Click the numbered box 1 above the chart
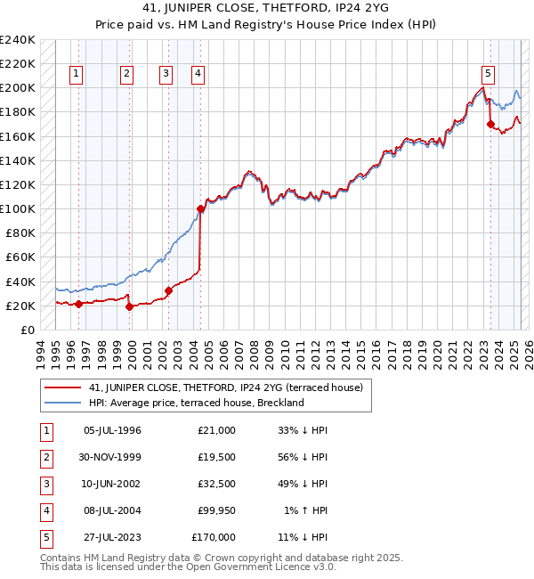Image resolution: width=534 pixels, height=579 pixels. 77,74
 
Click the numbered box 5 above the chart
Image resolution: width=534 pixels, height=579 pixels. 489,74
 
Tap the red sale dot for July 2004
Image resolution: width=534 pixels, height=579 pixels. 200,208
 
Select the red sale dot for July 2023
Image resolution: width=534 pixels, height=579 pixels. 490,124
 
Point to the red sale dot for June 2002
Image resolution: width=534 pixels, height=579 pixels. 168,289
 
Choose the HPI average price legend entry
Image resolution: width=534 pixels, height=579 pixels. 196,403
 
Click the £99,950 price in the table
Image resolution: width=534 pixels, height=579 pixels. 214,511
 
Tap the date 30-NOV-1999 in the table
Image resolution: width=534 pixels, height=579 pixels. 112,457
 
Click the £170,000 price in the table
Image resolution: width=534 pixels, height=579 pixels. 214,538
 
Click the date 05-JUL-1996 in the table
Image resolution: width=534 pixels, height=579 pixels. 112,430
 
